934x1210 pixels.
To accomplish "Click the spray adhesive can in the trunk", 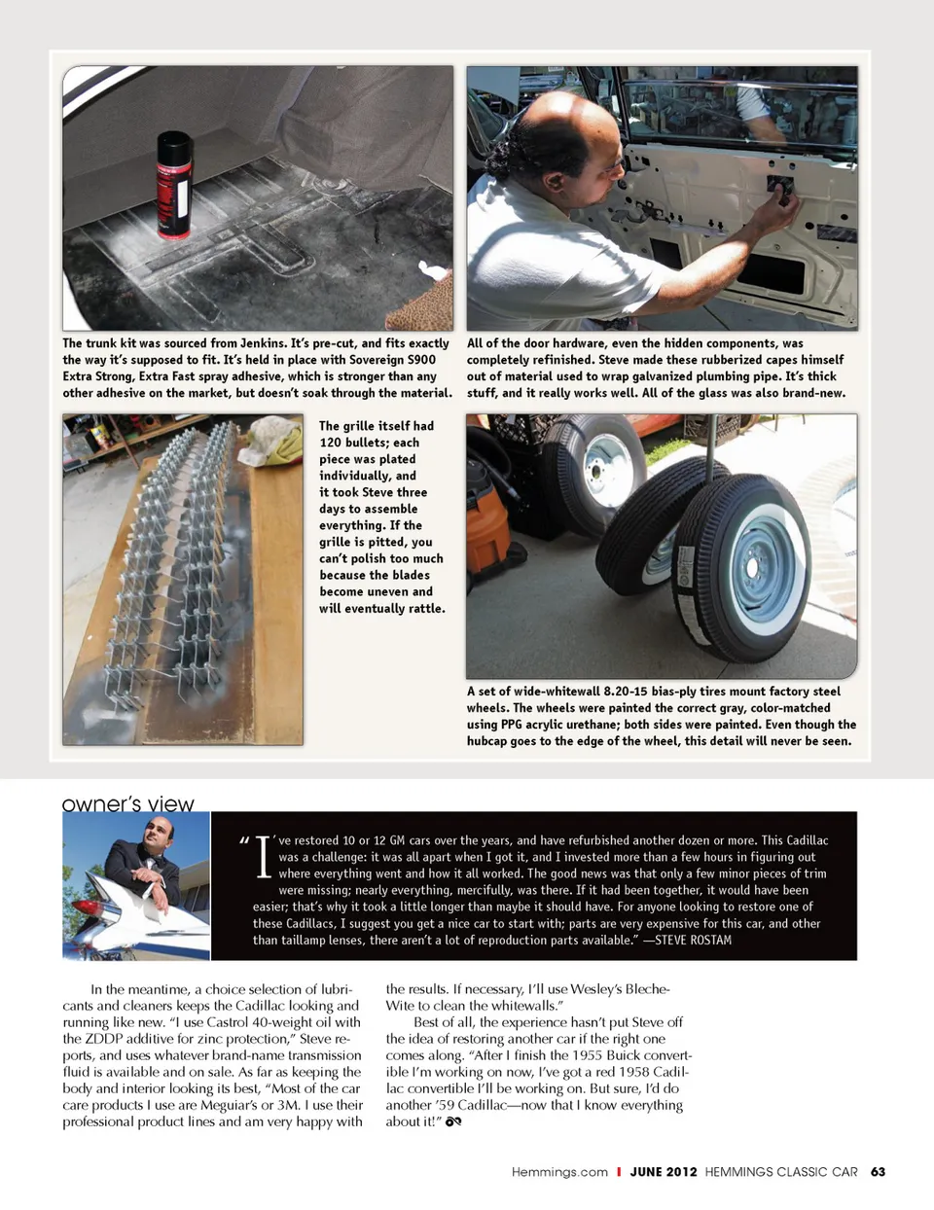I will pyautogui.click(x=175, y=185).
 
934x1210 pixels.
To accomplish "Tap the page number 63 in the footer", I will pyautogui.click(x=878, y=1172).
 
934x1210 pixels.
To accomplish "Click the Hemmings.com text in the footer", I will pyautogui.click(x=559, y=1172).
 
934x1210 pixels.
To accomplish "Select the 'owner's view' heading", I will pyautogui.click(x=127, y=803).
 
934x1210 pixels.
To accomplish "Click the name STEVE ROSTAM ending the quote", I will pyautogui.click(x=694, y=940).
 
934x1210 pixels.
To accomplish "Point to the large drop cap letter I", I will pyautogui.click(x=263, y=856).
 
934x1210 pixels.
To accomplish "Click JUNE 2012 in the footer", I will pyautogui.click(x=664, y=1172).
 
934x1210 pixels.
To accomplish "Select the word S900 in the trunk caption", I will pyautogui.click(x=421, y=360).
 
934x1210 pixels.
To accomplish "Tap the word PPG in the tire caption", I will pyautogui.click(x=512, y=725).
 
